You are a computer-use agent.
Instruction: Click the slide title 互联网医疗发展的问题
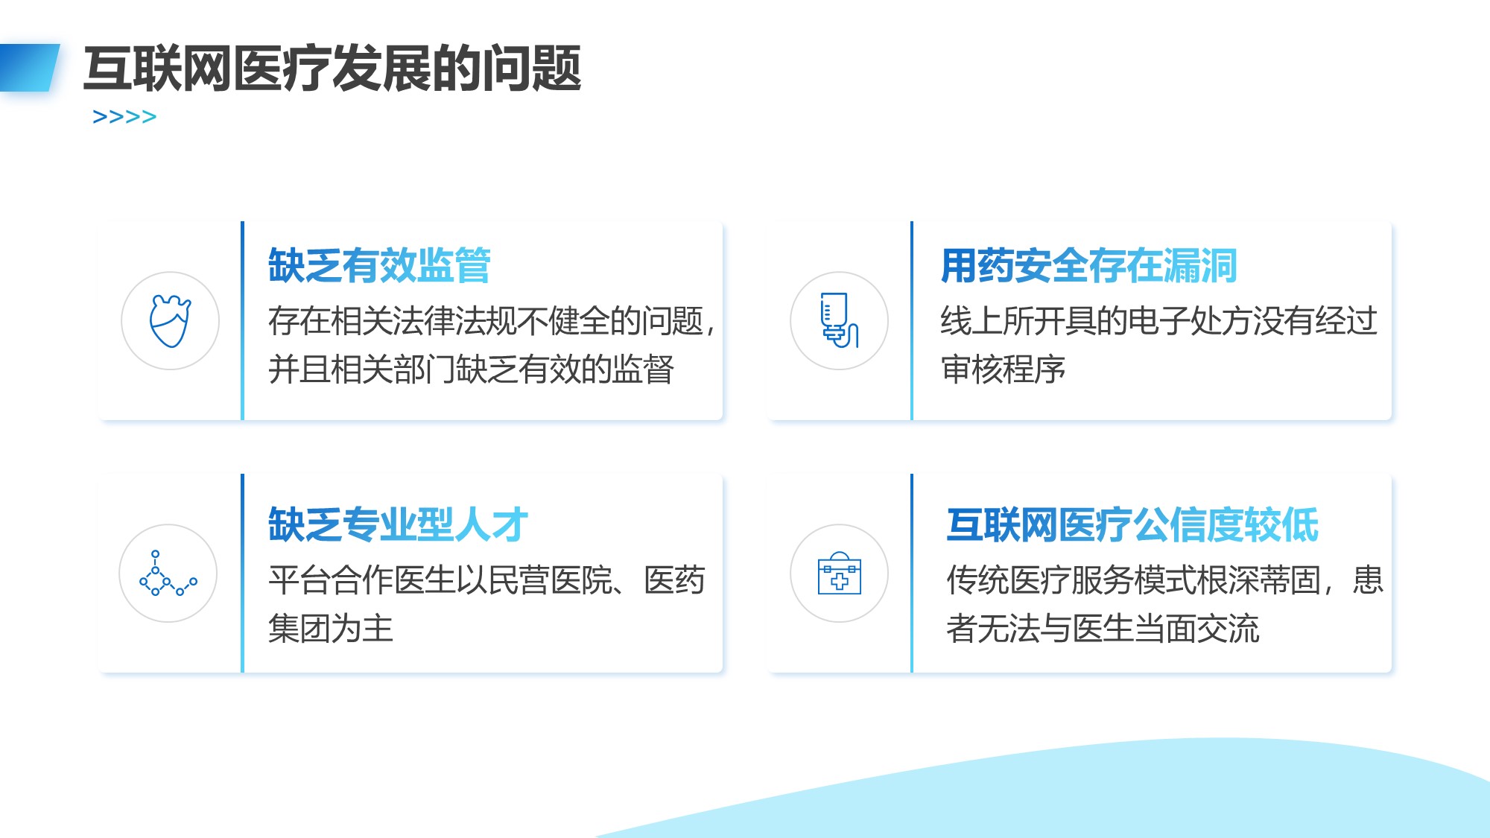coord(332,69)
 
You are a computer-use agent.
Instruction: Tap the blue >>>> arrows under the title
coord(124,117)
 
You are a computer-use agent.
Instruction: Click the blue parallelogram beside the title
coord(29,68)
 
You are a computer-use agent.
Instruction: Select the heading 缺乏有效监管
coord(379,265)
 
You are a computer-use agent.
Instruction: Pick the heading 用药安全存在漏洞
coord(1088,265)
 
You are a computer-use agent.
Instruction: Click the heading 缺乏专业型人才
coord(399,524)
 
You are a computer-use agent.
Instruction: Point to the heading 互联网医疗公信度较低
coord(1132,524)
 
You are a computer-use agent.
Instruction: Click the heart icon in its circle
coord(171,321)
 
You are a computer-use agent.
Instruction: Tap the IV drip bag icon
coord(840,320)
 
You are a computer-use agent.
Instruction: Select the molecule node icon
coord(168,573)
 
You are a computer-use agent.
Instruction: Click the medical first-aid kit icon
coord(840,573)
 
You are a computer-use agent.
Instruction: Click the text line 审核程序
coord(1003,369)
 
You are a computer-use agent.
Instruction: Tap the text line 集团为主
coord(331,628)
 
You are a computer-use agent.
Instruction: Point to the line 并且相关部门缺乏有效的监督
coord(471,369)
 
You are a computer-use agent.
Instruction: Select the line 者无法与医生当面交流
coord(1103,628)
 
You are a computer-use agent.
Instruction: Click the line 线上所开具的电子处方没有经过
coord(1158,321)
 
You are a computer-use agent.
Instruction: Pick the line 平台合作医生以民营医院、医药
coord(486,580)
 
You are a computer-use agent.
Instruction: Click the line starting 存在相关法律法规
coord(492,321)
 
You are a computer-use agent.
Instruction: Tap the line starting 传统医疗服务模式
coord(1164,580)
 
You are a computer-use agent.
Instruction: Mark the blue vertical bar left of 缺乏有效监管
coord(242,320)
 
